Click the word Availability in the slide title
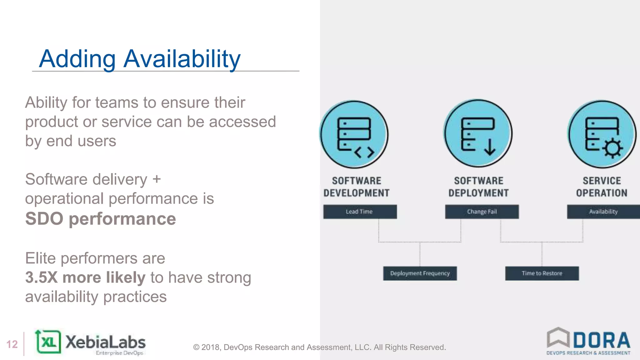182,59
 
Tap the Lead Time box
360,212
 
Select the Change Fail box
482,212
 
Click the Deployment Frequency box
420,273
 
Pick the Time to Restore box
542,273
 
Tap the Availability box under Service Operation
603,212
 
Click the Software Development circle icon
354,134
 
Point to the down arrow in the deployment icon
490,147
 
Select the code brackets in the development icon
364,152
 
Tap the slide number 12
12,344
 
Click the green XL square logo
49,342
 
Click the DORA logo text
602,340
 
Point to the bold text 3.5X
41,277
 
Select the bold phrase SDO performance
100,218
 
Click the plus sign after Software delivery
157,179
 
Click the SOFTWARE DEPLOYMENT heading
478,187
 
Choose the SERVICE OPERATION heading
602,187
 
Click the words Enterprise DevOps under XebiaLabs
119,353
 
